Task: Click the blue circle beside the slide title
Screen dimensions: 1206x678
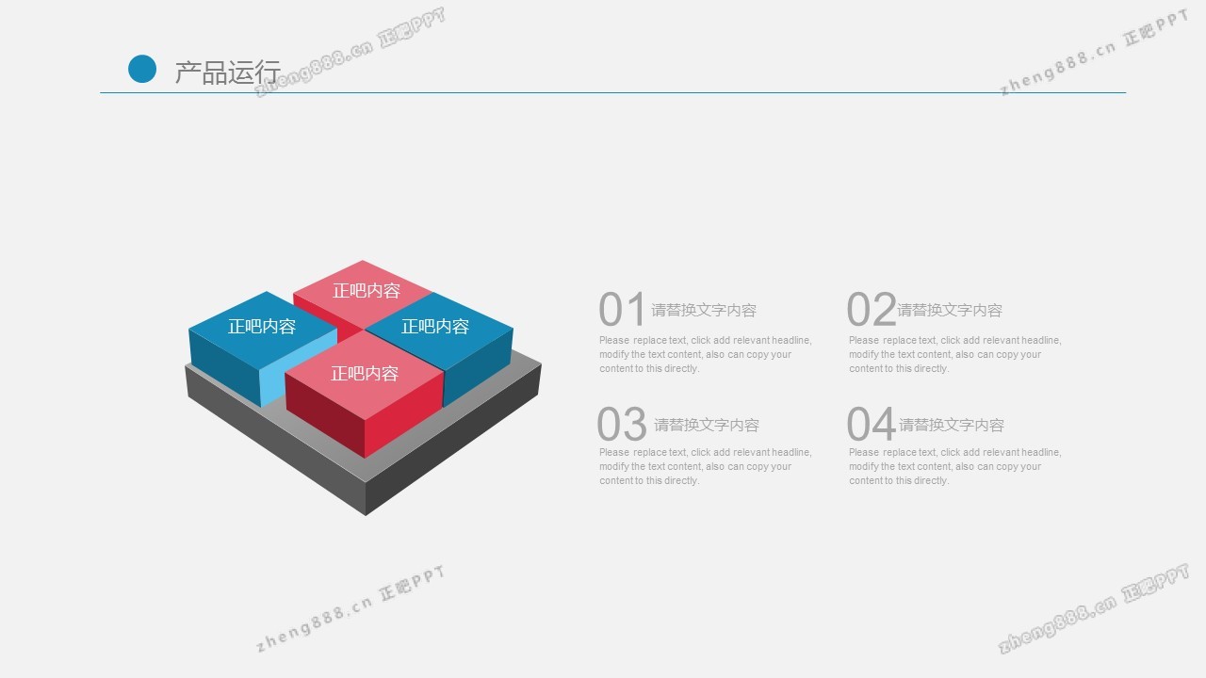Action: [142, 69]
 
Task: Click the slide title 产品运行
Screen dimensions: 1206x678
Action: [228, 73]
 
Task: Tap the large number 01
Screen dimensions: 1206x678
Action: [622, 310]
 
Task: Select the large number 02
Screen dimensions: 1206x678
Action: [872, 310]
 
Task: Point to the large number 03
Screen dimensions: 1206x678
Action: [622, 424]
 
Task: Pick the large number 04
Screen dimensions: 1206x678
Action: [872, 424]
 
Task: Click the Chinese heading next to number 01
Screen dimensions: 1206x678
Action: [704, 310]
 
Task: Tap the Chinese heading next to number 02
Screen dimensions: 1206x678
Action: [950, 310]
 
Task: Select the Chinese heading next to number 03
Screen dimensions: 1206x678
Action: [707, 425]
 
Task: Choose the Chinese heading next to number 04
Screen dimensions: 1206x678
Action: [952, 425]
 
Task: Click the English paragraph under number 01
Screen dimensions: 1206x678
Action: [706, 354]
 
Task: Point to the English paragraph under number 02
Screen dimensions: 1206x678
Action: [955, 354]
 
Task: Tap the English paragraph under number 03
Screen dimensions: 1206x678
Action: [706, 466]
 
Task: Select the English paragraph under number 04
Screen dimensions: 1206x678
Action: [955, 466]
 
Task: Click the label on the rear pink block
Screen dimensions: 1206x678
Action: [367, 291]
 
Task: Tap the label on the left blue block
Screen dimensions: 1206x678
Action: [262, 326]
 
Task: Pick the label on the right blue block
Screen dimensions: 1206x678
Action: [435, 326]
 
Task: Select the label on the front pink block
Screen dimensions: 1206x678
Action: [365, 374]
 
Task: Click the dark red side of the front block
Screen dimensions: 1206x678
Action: [325, 413]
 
